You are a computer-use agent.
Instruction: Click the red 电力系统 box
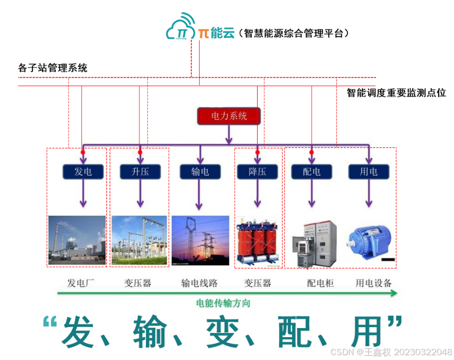(229, 116)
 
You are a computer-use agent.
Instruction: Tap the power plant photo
(77, 239)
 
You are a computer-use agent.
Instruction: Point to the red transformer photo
(258, 240)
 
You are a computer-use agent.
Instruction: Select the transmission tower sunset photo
(200, 239)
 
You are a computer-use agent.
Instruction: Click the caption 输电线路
(200, 283)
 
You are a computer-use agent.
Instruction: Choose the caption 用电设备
(374, 283)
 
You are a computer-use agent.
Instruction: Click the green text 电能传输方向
(223, 304)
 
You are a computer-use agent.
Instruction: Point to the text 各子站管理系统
(52, 68)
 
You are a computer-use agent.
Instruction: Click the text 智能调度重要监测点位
(397, 93)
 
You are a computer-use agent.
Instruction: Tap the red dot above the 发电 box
(82, 153)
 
